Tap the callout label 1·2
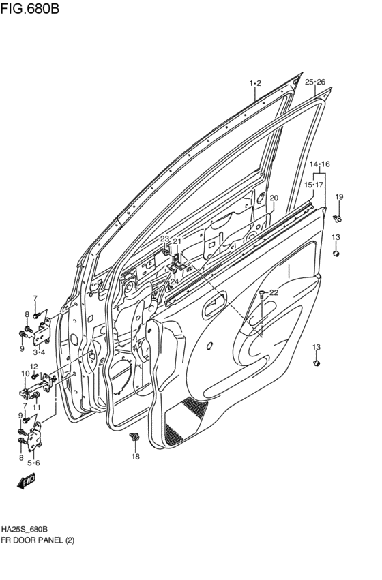point(254,83)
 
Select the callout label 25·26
point(314,82)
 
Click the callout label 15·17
point(314,185)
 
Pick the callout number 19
point(339,197)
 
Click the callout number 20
point(274,198)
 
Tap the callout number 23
point(164,239)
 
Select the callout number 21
point(177,241)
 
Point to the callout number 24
point(175,281)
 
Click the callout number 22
point(274,292)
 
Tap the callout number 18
point(135,456)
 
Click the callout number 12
point(33,367)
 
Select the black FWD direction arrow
point(27,483)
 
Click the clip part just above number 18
point(134,436)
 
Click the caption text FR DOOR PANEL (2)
point(38,540)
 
